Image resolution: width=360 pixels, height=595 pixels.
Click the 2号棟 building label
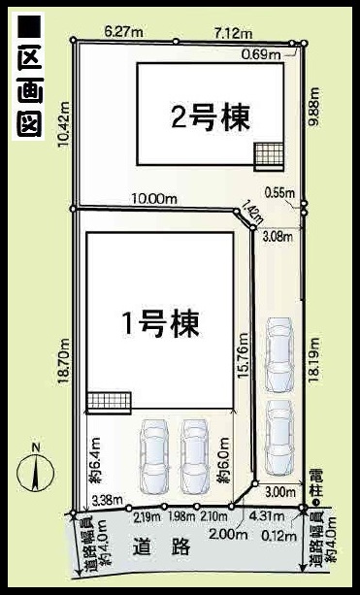point(211,117)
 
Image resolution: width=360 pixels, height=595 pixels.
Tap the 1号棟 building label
point(160,323)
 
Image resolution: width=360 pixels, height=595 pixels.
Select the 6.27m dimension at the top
point(123,32)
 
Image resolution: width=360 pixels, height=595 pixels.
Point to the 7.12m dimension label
point(233,33)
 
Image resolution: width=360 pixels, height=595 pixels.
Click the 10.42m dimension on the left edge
point(63,124)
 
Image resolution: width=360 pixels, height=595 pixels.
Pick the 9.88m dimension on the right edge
point(314,108)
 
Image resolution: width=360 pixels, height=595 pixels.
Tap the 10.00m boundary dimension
point(154,198)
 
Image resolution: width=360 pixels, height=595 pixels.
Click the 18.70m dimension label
point(63,362)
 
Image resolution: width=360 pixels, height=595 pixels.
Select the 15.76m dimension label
point(243,355)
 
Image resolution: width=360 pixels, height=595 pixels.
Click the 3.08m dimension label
point(278,238)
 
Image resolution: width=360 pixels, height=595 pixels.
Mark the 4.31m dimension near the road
point(269,516)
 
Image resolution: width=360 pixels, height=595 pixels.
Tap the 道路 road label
point(162,546)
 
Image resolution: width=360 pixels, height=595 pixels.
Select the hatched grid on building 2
point(269,156)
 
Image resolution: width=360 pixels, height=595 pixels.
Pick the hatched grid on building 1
point(110,403)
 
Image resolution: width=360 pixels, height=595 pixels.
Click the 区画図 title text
point(29,76)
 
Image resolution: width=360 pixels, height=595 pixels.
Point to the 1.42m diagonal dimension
point(252,215)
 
